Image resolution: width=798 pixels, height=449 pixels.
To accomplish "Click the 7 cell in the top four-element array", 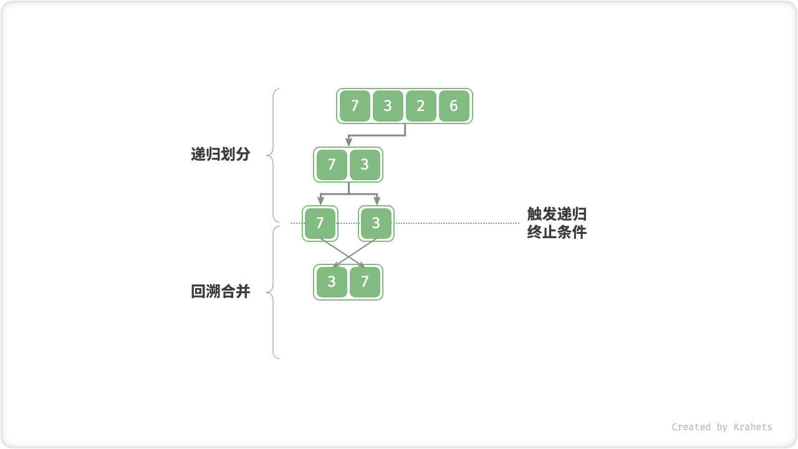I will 355,106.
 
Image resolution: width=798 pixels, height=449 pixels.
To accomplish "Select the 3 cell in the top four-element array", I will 388,106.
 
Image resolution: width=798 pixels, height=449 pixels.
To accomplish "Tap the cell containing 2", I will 421,106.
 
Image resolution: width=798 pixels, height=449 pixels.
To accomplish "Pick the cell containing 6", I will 454,106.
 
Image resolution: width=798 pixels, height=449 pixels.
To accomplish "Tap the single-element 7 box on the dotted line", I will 320,223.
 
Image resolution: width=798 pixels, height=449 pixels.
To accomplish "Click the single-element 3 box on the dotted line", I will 376,223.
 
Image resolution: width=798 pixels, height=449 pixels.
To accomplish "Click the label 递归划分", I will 220,155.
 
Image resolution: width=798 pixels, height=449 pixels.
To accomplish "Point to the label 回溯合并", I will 220,291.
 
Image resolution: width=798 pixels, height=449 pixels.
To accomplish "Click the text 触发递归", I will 557,215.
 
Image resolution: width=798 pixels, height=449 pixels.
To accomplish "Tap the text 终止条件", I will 557,233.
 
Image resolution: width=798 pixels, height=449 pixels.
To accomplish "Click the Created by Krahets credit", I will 721,427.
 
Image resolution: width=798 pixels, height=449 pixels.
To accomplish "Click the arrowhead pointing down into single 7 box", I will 320,201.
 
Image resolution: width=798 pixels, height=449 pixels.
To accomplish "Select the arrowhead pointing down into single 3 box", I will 377,201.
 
